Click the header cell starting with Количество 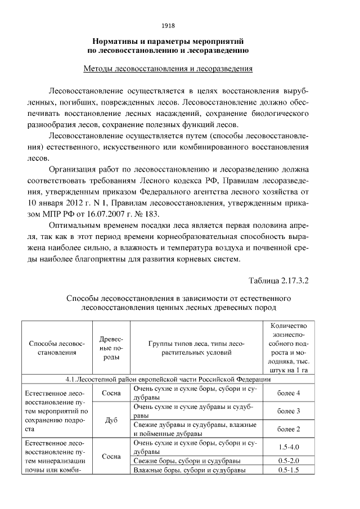pos(289,348)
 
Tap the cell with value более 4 pos(289,393)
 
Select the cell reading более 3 pos(289,411)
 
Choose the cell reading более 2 pos(289,429)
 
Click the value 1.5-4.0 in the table pos(289,447)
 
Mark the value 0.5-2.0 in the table pos(289,461)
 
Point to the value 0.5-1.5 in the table pos(289,470)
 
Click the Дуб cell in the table pos(111,420)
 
